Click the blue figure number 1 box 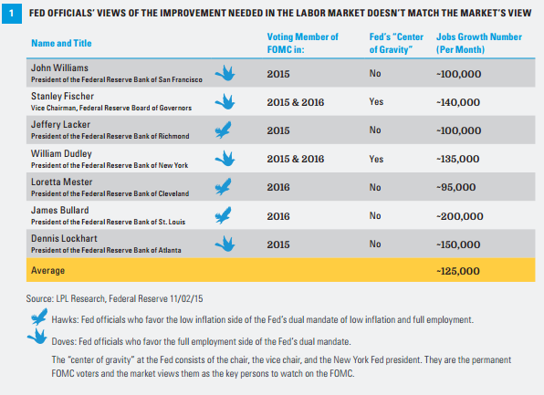point(12,14)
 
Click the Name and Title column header point(61,44)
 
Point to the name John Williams point(59,68)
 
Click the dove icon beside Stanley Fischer point(225,102)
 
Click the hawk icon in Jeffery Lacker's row point(223,130)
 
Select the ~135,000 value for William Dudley point(458,159)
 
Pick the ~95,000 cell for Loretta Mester point(455,187)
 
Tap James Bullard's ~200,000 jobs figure point(460,216)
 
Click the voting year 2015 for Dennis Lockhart point(278,244)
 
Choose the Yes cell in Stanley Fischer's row point(376,102)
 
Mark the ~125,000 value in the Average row point(458,271)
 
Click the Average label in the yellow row point(47,271)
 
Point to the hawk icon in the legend point(39,317)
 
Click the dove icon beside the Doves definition point(37,336)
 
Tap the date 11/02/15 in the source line point(186,298)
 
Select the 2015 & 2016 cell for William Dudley point(296,159)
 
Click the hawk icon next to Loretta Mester point(223,187)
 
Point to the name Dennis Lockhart point(64,239)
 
